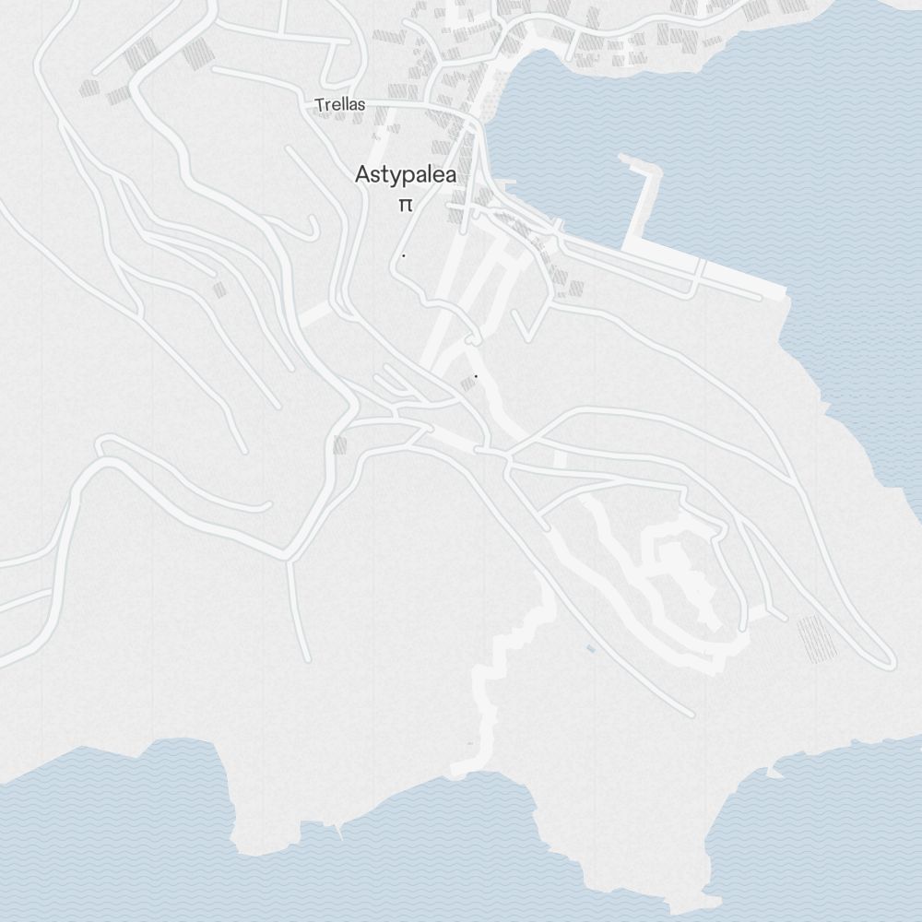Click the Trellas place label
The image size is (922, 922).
tap(339, 105)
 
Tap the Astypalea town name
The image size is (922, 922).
tap(406, 174)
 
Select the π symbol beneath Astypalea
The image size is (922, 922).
tap(404, 205)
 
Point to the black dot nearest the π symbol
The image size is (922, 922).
tap(403, 255)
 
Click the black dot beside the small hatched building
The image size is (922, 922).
tap(476, 376)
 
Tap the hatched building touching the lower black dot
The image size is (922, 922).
tap(467, 384)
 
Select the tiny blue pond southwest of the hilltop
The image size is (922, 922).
tap(590, 649)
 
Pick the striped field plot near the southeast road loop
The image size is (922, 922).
tap(816, 638)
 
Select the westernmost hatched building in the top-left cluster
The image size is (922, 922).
tap(89, 89)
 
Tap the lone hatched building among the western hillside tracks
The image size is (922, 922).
tap(219, 290)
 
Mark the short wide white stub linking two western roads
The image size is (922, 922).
tap(314, 314)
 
